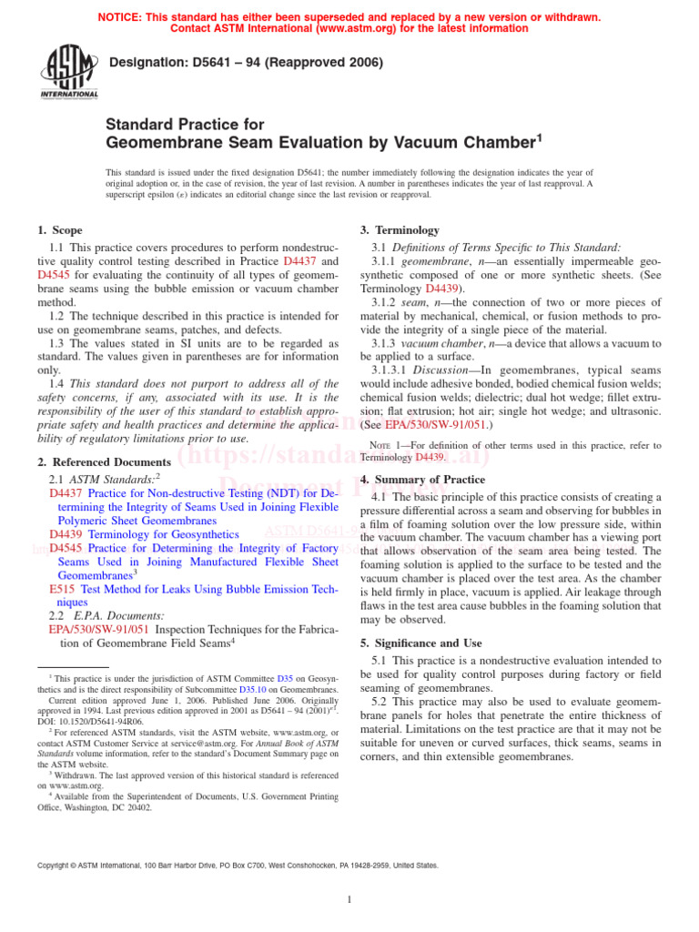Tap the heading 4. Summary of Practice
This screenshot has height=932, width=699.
click(422, 480)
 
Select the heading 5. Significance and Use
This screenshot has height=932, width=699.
click(420, 643)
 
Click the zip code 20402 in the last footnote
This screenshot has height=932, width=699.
click(137, 807)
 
